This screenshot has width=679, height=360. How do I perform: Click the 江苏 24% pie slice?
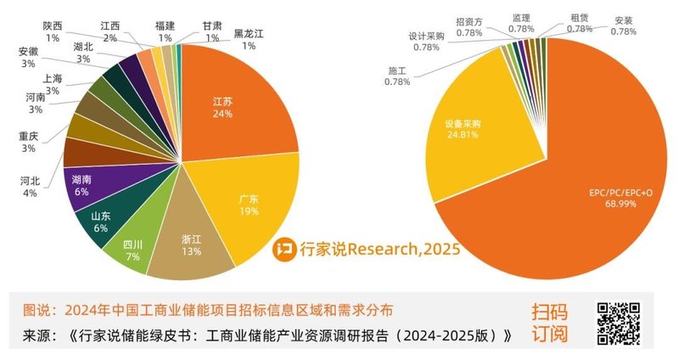point(233,106)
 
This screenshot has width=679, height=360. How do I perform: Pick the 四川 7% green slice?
point(133,247)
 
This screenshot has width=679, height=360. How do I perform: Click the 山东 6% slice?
point(99,222)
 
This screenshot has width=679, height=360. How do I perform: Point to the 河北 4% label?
point(29,187)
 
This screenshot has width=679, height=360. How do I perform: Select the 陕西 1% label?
point(53,32)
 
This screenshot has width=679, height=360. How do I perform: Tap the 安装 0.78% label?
point(624,25)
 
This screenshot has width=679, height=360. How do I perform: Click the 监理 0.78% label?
point(522,23)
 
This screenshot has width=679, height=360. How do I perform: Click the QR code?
point(620,322)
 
